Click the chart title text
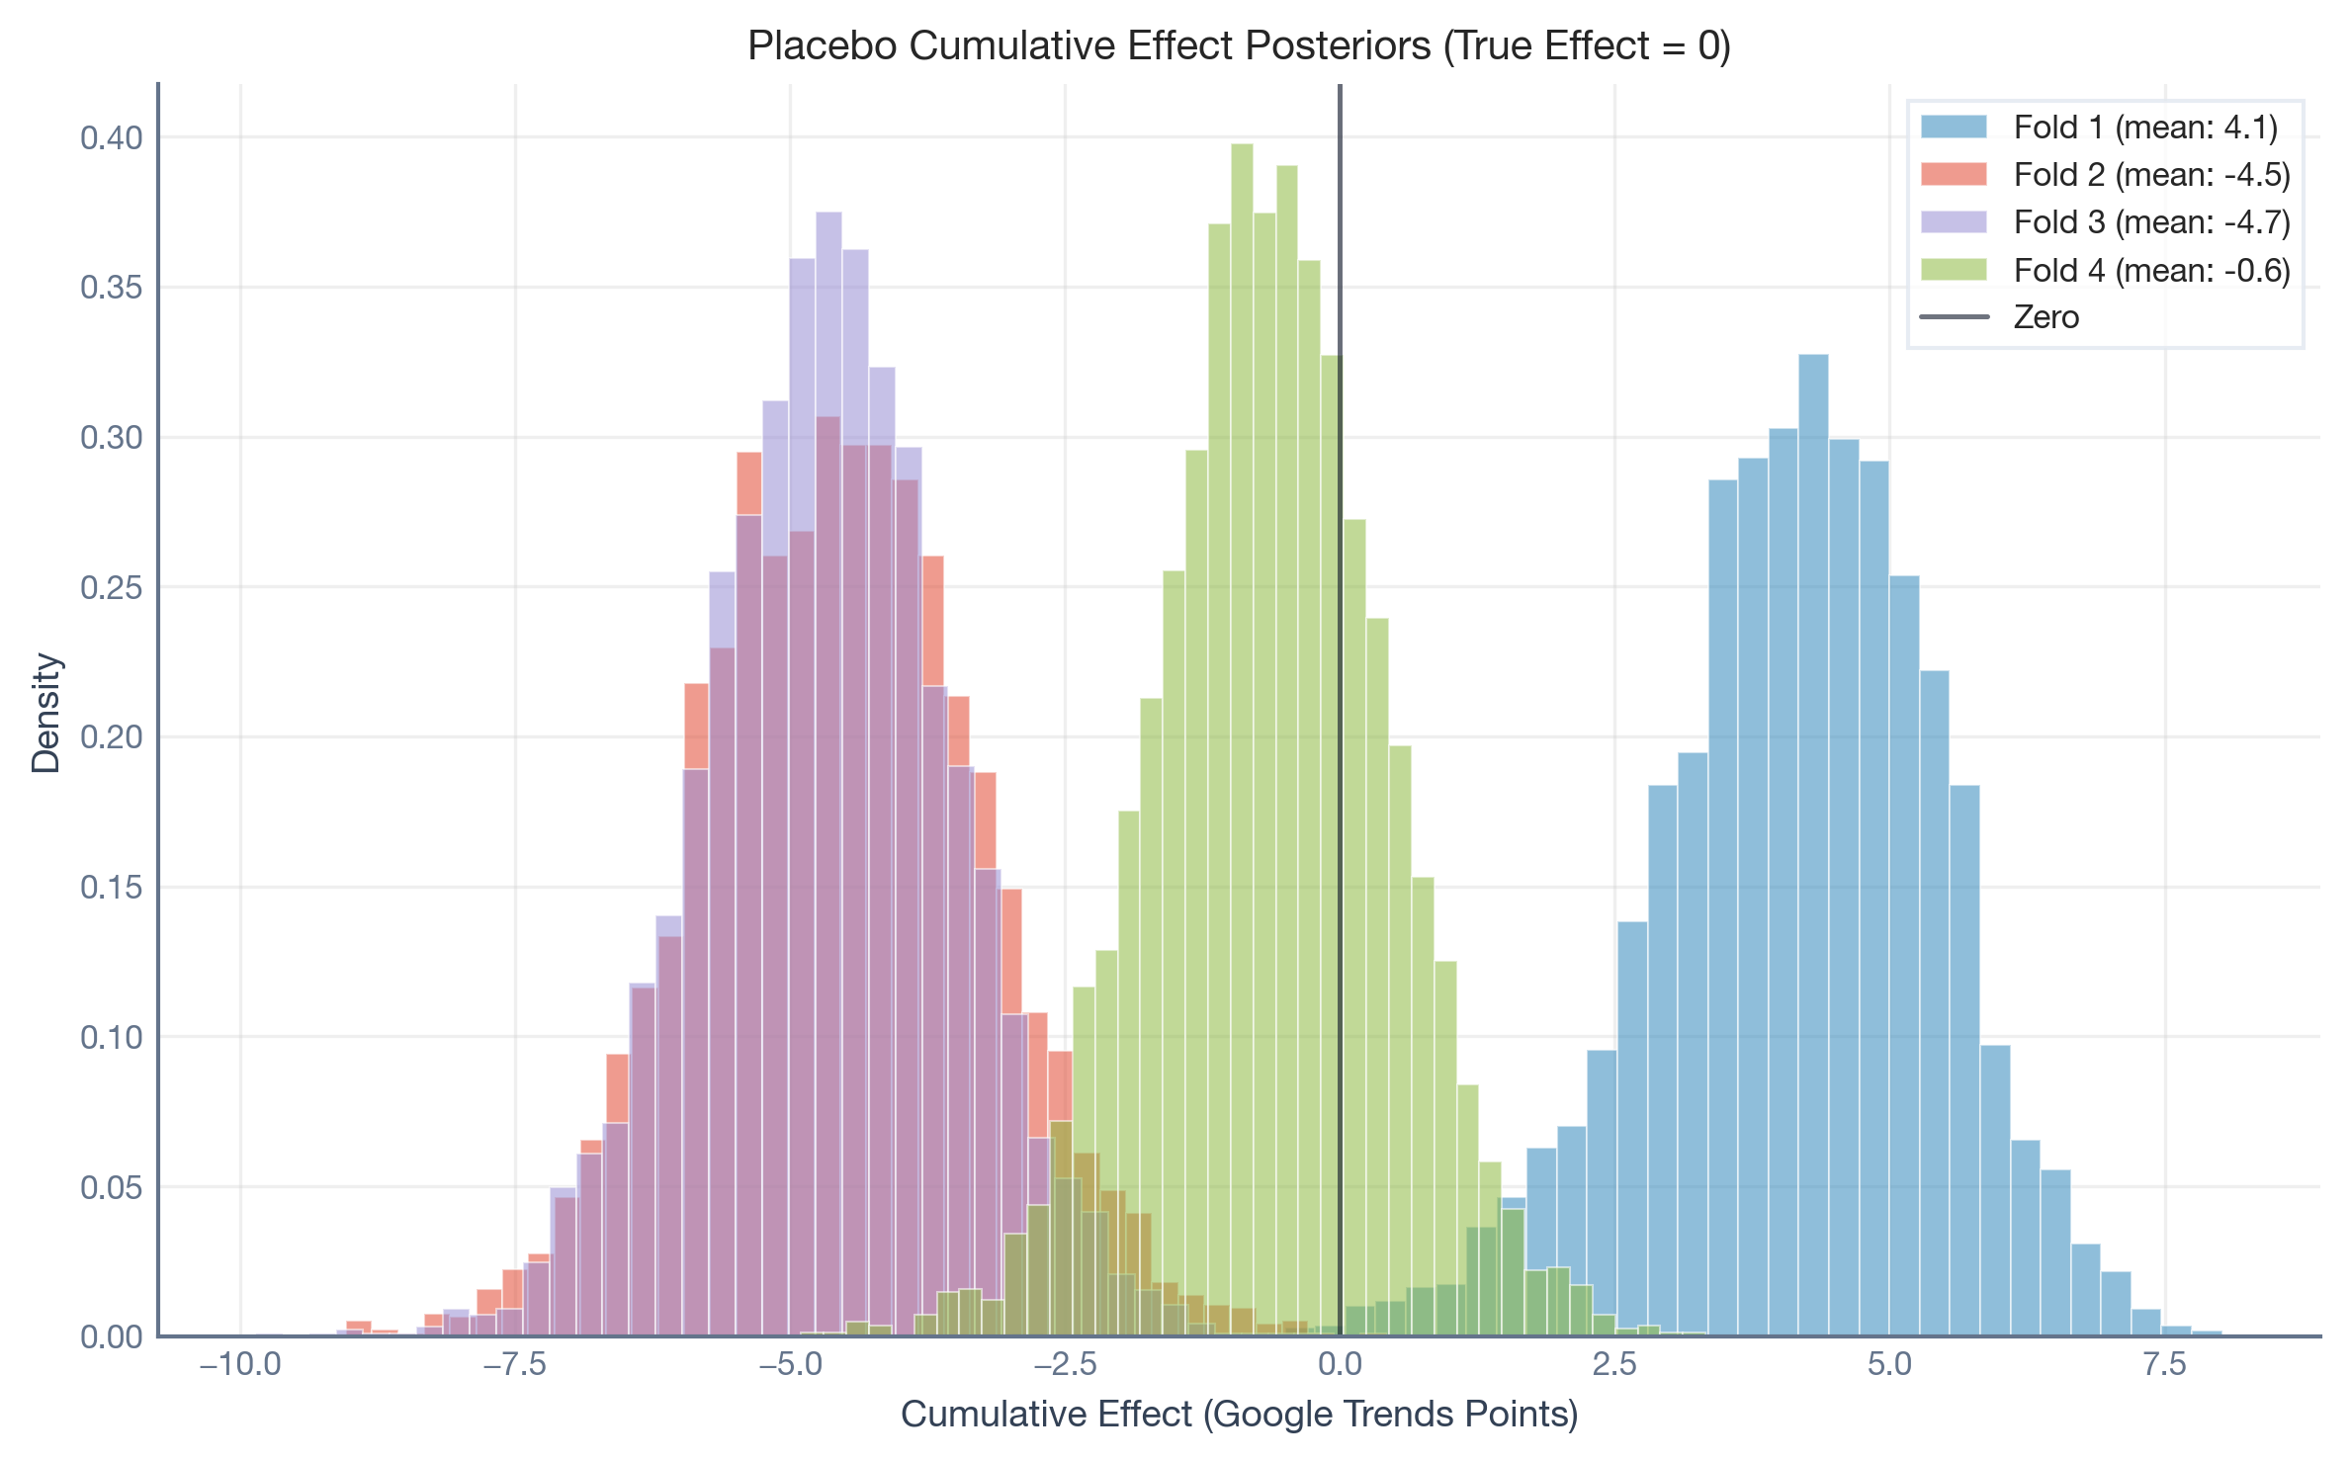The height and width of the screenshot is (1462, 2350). [1239, 46]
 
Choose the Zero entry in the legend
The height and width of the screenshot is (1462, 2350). [2045, 317]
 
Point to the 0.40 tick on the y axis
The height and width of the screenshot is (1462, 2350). [112, 137]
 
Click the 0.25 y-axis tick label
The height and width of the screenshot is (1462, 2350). [112, 587]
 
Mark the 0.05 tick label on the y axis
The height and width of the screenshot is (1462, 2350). [112, 1187]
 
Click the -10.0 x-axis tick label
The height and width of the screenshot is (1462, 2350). [240, 1365]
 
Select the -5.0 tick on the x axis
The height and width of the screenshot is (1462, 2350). [790, 1365]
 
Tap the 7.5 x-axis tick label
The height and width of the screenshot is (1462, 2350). [2164, 1365]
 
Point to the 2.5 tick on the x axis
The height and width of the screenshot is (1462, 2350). [1614, 1365]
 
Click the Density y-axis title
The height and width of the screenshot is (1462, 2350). [46, 712]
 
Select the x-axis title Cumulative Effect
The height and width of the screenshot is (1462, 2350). [1239, 1415]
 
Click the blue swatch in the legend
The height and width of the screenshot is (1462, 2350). [1954, 128]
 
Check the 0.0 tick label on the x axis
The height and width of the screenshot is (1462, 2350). [1340, 1365]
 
